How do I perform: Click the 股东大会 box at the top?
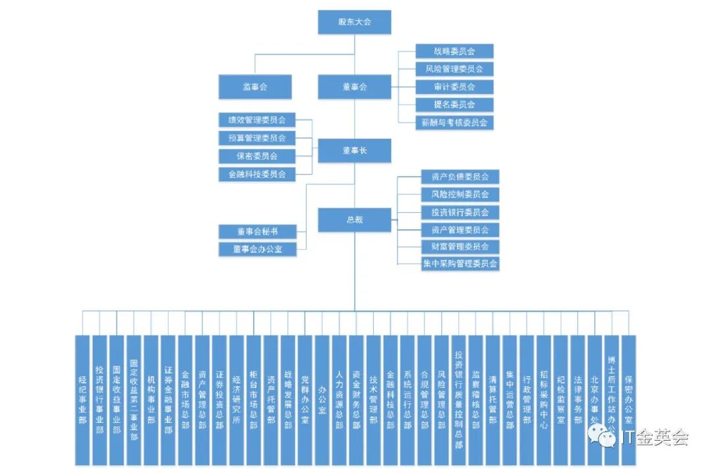point(355,22)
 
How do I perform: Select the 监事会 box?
point(254,87)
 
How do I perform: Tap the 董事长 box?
point(355,151)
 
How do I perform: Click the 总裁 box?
point(355,220)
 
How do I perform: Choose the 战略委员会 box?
point(454,51)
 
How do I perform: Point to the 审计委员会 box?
point(454,87)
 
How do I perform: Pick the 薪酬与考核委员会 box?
point(454,123)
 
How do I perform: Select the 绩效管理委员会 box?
point(257,120)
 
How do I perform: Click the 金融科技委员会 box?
point(257,174)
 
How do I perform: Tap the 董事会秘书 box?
point(257,232)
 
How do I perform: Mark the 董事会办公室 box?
point(257,250)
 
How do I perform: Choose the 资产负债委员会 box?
point(460,177)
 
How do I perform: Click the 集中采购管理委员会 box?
point(460,264)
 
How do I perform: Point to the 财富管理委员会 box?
point(460,247)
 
